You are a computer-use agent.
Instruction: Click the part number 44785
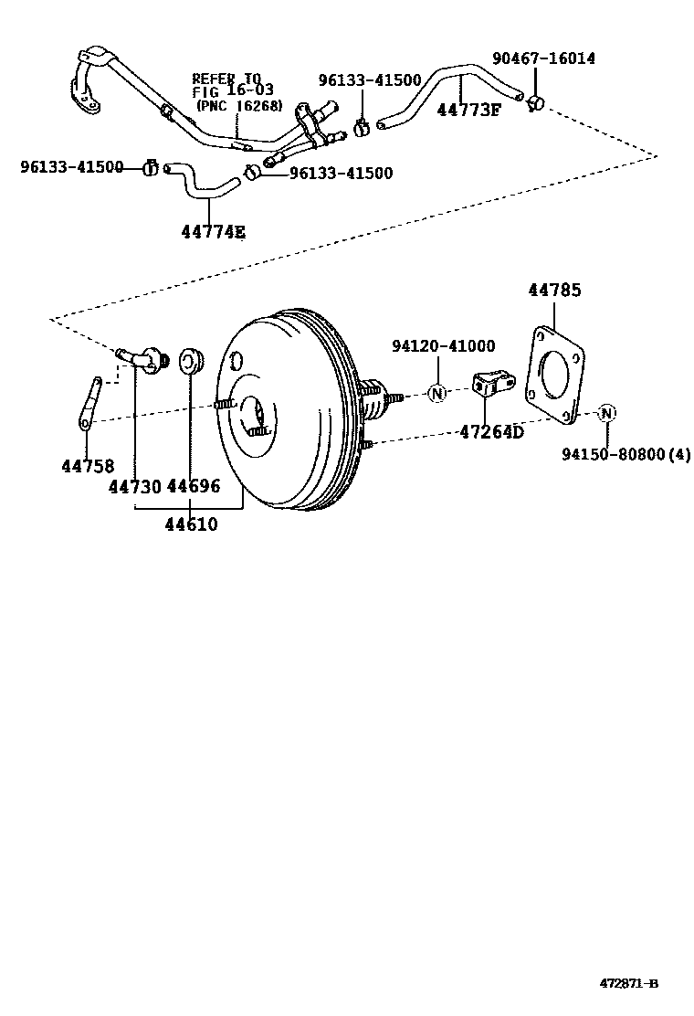coord(554,291)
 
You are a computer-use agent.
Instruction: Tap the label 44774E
coord(213,232)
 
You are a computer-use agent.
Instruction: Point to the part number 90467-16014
coord(543,58)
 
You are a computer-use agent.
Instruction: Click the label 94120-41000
coord(443,346)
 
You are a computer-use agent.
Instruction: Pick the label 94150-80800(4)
coord(626,454)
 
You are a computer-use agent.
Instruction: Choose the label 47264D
coord(491,431)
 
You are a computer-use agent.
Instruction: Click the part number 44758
coord(88,466)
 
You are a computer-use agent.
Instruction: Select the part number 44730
coord(135,487)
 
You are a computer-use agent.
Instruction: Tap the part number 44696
coord(194,487)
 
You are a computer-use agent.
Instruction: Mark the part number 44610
coord(191,524)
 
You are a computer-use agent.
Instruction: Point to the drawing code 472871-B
coord(629,984)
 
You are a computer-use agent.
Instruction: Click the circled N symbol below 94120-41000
coord(437,394)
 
